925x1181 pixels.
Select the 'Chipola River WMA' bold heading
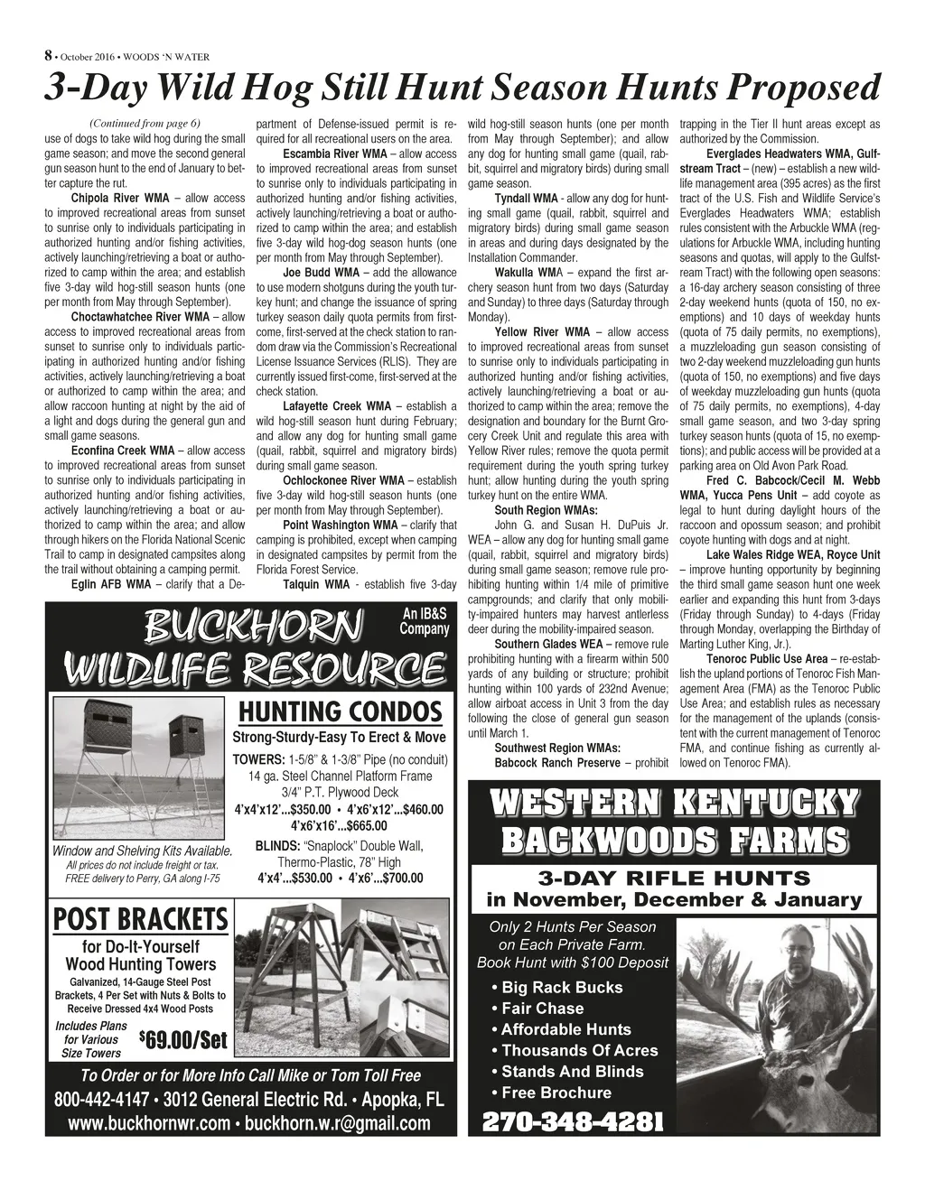pyautogui.click(x=119, y=197)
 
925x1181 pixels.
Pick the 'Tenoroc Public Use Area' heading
pyautogui.click(x=767, y=659)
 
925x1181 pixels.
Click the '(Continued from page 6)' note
pyautogui.click(x=145, y=124)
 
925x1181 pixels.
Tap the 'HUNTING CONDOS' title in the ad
pyautogui.click(x=340, y=712)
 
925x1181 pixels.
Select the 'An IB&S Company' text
pyautogui.click(x=424, y=621)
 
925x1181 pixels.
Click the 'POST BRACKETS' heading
pyautogui.click(x=141, y=920)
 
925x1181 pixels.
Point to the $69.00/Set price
pyautogui.click(x=183, y=1040)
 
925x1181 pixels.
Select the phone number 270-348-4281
pyautogui.click(x=574, y=1122)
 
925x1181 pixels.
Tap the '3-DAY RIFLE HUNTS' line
pyautogui.click(x=674, y=879)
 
